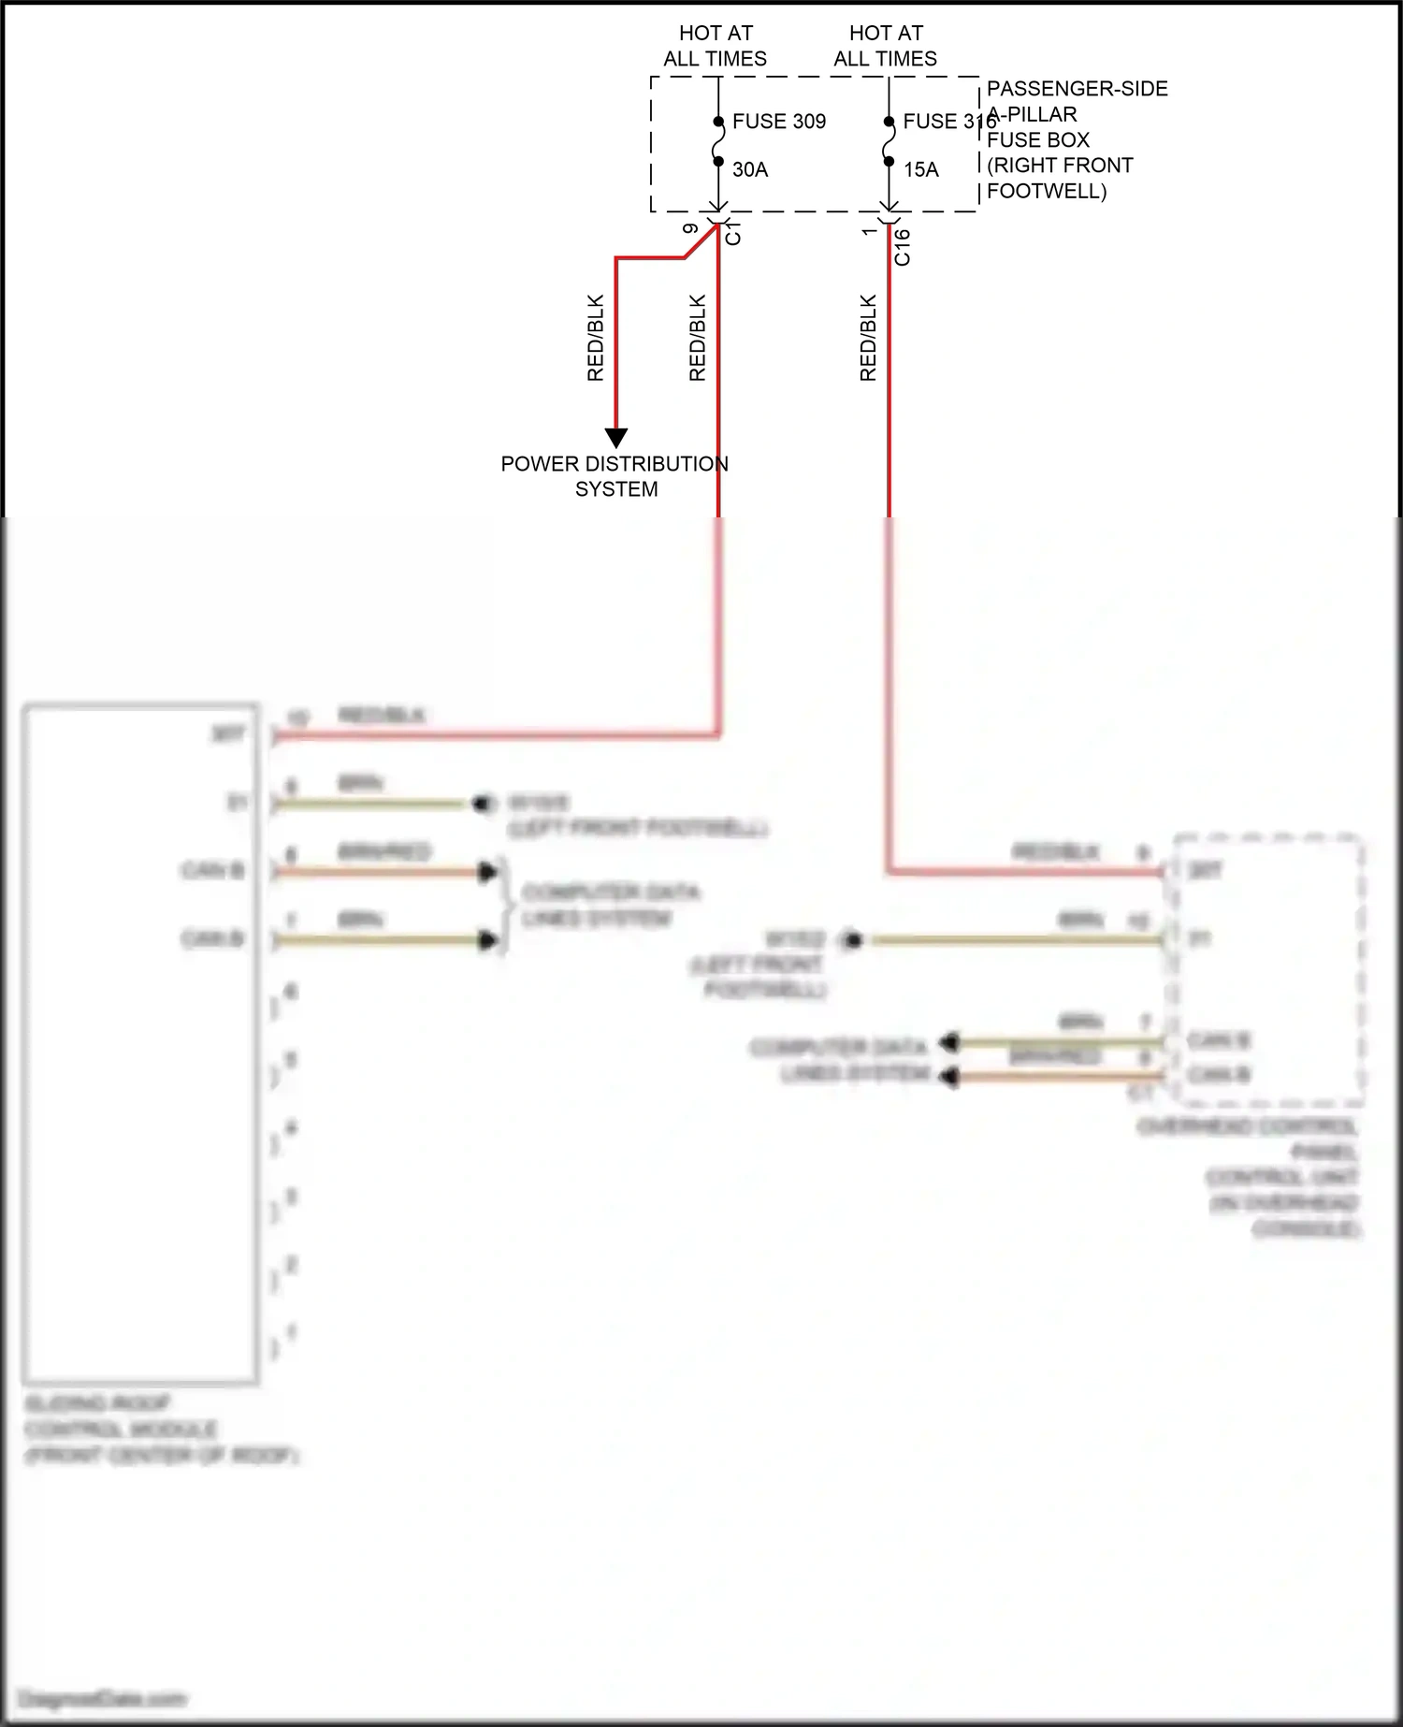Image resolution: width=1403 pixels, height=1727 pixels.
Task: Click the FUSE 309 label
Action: [x=778, y=122]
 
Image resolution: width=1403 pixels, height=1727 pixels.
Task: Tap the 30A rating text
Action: [x=749, y=169]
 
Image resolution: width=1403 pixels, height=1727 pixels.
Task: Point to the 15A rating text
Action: [x=920, y=169]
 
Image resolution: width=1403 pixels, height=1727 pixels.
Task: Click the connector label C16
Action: [x=902, y=247]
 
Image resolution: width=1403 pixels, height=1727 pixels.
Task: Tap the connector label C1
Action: [x=733, y=234]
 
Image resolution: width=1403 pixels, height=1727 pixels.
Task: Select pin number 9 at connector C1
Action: [x=690, y=229]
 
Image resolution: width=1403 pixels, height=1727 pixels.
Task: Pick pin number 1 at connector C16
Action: [x=869, y=231]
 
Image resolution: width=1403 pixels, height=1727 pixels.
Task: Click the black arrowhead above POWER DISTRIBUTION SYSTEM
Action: [x=615, y=438]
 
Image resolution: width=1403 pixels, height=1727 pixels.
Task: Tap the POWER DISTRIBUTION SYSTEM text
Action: [x=615, y=476]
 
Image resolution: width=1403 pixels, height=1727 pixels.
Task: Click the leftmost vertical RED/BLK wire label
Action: [x=596, y=338]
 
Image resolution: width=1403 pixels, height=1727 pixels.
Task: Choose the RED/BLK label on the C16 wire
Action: [x=868, y=338]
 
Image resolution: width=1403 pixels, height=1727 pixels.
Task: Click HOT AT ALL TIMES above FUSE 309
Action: [x=716, y=46]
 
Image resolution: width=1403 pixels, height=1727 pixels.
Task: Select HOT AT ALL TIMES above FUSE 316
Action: [x=886, y=46]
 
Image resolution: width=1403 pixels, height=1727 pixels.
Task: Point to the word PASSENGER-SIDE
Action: [x=1077, y=89]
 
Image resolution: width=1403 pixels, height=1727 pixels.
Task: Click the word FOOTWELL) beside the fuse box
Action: [x=1047, y=191]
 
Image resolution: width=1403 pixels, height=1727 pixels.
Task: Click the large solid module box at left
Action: [x=140, y=1043]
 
